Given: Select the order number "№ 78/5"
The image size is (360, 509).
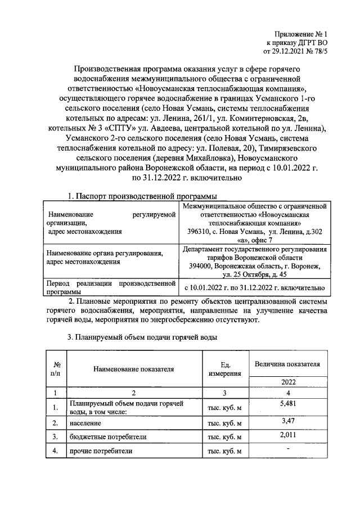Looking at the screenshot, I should click(x=314, y=52).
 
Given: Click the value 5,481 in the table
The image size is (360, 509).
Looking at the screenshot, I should click(x=287, y=403).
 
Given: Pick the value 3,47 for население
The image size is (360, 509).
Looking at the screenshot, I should click(x=287, y=420).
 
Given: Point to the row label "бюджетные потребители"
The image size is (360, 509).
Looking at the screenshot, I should click(x=100, y=436).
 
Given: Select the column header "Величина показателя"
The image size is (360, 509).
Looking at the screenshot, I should click(x=287, y=364).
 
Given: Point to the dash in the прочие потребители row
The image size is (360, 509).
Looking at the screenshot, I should click(x=287, y=448).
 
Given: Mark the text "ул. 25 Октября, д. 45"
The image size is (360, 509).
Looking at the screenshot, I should click(x=255, y=274).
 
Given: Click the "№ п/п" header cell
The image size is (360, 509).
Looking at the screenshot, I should click(x=55, y=369).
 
